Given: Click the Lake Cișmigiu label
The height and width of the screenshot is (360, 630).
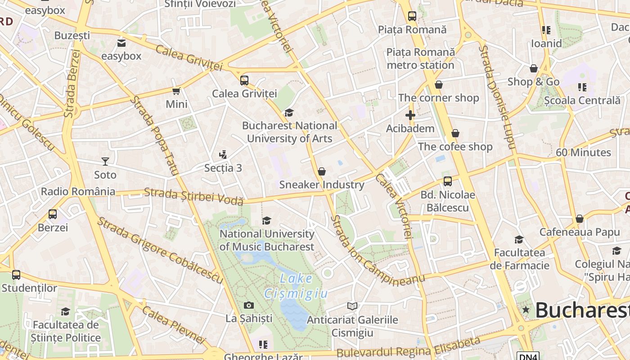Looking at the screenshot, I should (296, 286).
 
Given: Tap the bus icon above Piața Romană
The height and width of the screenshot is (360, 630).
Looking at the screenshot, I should (412, 16).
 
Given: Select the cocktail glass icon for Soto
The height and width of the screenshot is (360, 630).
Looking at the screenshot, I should (105, 161).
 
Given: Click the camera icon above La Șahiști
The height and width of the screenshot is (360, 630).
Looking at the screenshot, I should (248, 306).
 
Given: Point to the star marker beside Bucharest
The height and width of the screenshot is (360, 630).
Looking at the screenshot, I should (526, 310).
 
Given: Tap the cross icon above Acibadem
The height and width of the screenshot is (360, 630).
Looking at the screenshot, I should (410, 115).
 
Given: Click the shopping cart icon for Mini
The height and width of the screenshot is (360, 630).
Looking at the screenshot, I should (176, 91).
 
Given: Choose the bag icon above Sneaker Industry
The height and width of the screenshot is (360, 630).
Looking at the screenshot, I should (321, 171).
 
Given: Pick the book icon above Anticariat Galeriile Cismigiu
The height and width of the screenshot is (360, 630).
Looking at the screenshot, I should (352, 306).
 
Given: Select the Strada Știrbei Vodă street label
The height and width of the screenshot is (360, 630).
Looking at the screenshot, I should (193, 197).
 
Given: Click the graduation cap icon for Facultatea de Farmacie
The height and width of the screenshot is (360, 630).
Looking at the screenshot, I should (519, 239).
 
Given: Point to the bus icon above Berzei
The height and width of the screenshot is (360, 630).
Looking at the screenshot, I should (53, 214).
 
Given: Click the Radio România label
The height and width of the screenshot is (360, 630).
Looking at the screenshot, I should (78, 192).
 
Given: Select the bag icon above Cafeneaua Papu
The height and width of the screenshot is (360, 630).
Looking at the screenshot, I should (580, 219).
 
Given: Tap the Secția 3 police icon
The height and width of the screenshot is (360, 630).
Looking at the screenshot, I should (222, 155).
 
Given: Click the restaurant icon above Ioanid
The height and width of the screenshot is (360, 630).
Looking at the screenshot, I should (546, 30).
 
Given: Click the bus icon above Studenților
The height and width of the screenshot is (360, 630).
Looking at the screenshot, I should (16, 274).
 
